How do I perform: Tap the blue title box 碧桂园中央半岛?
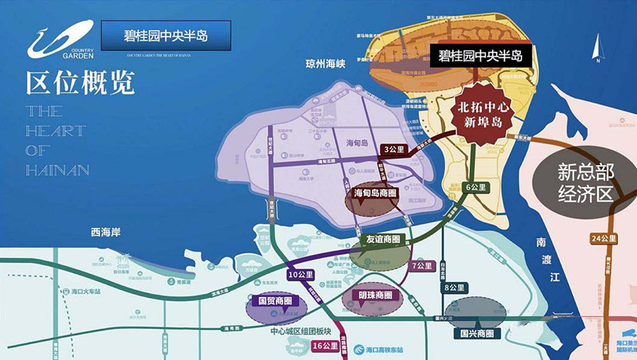(166, 36)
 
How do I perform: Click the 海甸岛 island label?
(359, 144)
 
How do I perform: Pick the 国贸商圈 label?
(273, 301)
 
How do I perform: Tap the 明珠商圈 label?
(376, 295)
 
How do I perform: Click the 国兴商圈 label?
(477, 333)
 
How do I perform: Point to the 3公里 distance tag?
(394, 149)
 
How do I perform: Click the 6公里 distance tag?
(476, 187)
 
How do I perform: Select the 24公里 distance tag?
(600, 238)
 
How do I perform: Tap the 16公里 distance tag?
(326, 346)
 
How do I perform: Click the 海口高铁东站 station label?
(384, 349)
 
